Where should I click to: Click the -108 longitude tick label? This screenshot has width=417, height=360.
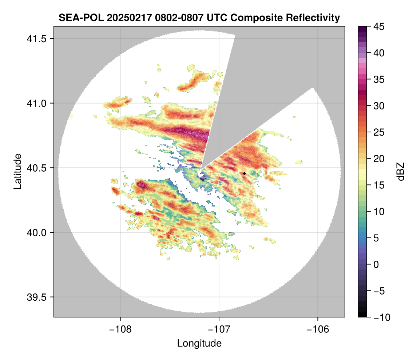pyautogui.click(x=120, y=329)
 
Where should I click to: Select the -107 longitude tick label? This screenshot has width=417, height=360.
pyautogui.click(x=219, y=329)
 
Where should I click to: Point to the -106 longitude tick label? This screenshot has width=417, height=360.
pyautogui.click(x=318, y=329)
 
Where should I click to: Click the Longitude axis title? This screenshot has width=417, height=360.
pyautogui.click(x=199, y=343)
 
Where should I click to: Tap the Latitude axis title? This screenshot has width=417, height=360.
pyautogui.click(x=17, y=171)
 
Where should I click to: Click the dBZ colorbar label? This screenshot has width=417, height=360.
pyautogui.click(x=401, y=172)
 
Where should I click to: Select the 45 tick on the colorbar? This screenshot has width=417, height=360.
pyautogui.click(x=377, y=27)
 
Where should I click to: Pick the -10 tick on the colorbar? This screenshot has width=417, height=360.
pyautogui.click(x=378, y=317)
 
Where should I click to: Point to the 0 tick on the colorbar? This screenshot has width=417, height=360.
pyautogui.click(x=375, y=264)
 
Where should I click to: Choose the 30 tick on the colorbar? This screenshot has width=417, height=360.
pyautogui.click(x=377, y=106)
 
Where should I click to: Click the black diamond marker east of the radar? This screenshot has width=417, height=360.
pyautogui.click(x=244, y=173)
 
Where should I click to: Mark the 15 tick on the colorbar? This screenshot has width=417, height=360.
pyautogui.click(x=377, y=185)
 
